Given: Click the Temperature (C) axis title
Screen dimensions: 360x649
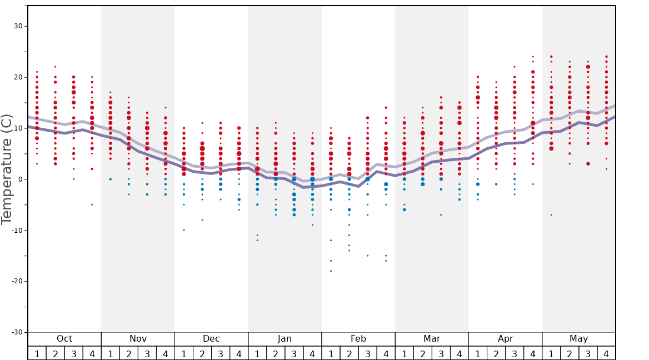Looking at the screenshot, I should coord(7,169).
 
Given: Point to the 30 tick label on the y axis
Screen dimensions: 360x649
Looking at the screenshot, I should coord(17,26).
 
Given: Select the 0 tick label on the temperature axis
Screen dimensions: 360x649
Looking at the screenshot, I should coord(19,179).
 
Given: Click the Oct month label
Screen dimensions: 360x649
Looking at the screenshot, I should coord(64,339).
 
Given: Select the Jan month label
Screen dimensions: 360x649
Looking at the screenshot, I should coord(284,339).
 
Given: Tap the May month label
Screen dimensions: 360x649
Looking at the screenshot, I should coord(578,339).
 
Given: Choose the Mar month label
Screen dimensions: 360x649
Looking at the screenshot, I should coord(432,339).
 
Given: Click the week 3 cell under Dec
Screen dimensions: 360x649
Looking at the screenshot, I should coord(221,353).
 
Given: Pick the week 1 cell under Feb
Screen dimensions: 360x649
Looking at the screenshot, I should coord(331,353).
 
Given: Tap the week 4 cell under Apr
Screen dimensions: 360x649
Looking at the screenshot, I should coord(533,353).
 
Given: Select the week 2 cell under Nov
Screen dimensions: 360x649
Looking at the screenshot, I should coord(129,353).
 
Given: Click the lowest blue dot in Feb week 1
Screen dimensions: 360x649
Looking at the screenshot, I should coord(331,271).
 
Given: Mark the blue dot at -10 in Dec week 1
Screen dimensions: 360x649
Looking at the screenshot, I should coord(184,230).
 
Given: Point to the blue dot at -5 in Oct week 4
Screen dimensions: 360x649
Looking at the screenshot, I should coord(92,204).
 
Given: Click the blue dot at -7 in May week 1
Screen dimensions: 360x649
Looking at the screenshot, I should coord(551,214).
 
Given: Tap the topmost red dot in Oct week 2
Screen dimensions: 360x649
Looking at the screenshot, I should coord(56,67).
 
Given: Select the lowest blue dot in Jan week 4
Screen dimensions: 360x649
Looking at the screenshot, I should coord(312,225).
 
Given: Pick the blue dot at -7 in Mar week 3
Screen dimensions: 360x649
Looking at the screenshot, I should coord(441,214).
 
